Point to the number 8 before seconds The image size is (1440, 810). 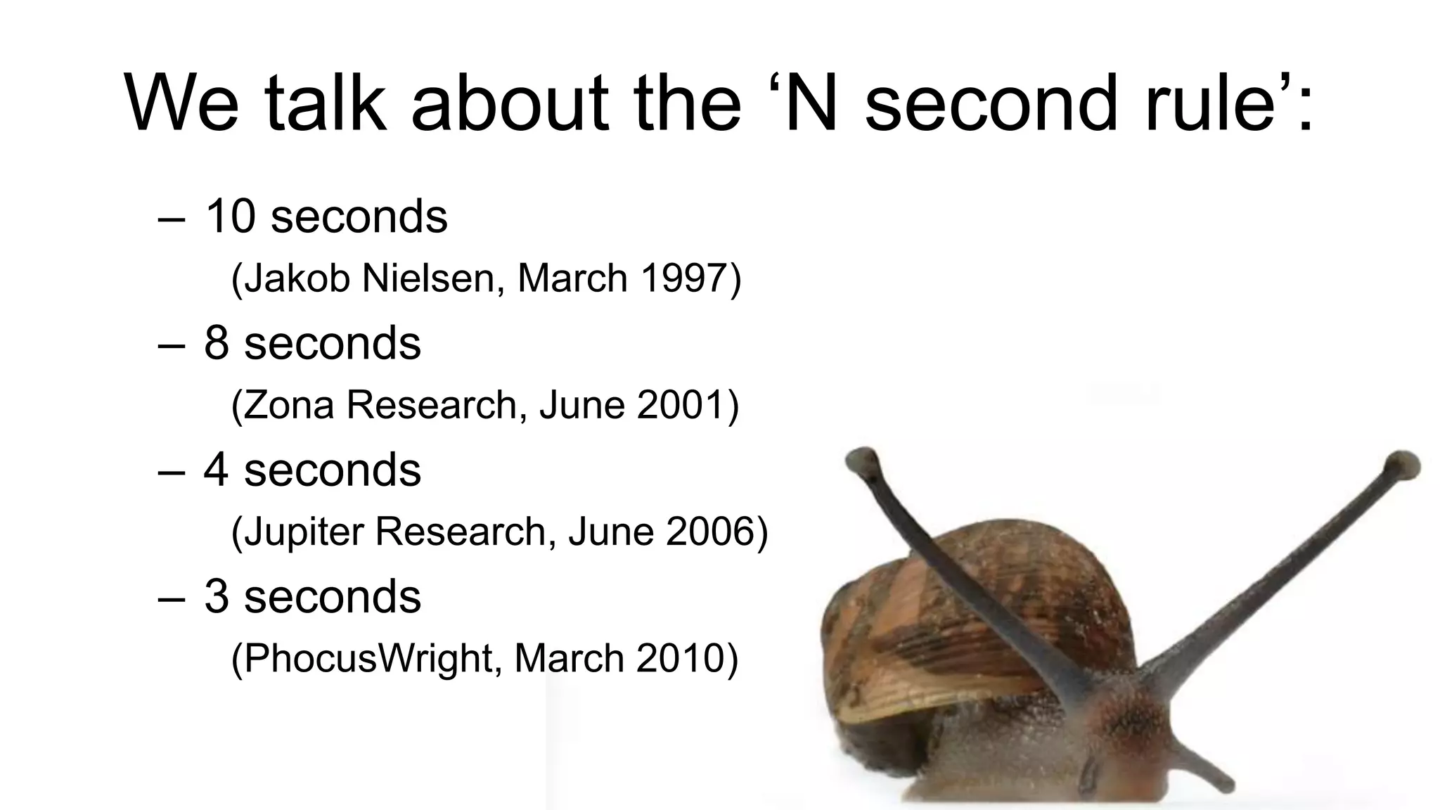click(x=217, y=344)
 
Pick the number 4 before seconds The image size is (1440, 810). click(x=217, y=470)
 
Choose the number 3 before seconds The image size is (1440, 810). click(x=217, y=597)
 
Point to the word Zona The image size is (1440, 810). click(x=288, y=405)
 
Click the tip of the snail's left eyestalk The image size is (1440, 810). click(x=862, y=461)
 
